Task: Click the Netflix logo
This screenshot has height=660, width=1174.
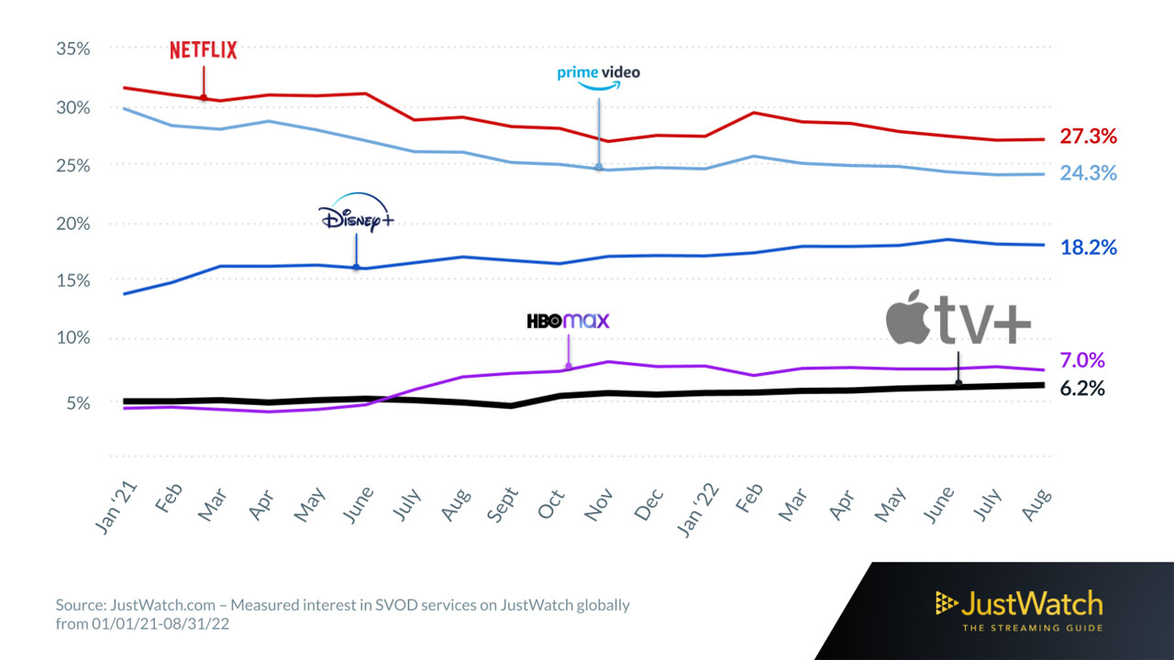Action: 203,50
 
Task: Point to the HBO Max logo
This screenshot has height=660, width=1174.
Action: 568,321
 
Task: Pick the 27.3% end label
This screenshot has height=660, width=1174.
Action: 1089,137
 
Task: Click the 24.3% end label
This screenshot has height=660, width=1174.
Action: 1089,172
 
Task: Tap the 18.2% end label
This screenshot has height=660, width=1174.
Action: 1089,247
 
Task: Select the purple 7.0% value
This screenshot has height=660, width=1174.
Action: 1082,360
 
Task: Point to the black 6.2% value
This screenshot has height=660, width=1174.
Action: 1082,388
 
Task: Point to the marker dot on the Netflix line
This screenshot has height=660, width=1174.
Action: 204,97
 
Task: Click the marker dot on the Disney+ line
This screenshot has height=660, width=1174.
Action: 356,267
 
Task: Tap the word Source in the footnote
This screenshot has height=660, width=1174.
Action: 79,605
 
